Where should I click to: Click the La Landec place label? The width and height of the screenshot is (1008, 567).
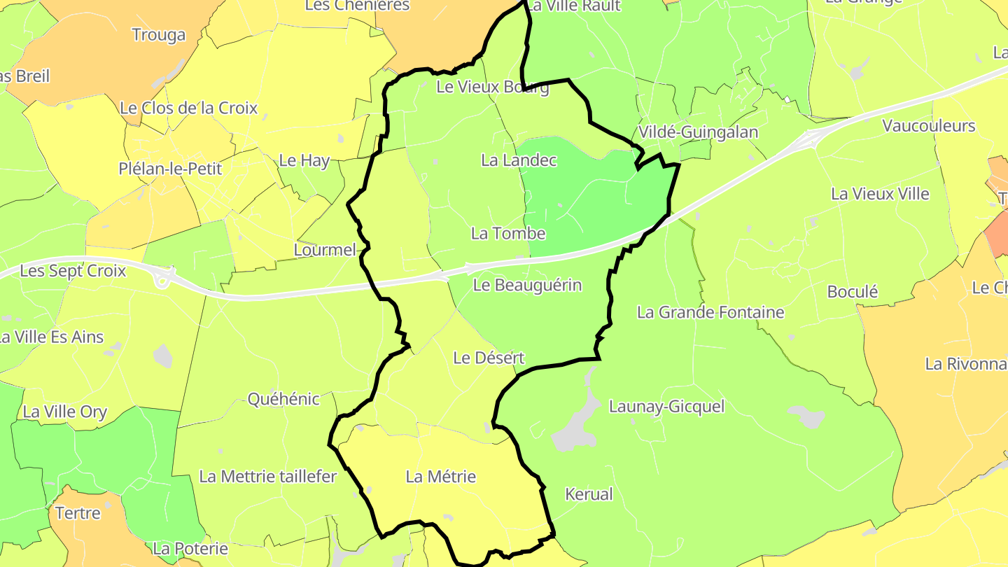coord(519,160)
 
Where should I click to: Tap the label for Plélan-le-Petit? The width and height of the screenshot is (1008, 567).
coord(170,169)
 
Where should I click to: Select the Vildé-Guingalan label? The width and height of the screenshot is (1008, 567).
coord(698,132)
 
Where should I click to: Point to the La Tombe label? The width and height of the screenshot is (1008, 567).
coord(508,233)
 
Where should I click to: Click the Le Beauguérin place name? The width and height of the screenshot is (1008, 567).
coord(527,285)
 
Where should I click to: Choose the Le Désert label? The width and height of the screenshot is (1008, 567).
coord(489,358)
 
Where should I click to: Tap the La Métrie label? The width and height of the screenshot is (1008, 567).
coord(441,477)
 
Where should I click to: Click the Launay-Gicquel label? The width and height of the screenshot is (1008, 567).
coord(666,406)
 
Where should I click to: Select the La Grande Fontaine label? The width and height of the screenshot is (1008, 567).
coord(710,312)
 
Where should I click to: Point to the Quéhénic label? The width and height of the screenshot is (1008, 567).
coord(283,399)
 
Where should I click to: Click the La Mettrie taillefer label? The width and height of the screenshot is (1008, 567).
coord(268,477)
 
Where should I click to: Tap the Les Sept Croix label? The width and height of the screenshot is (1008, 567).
coord(73,270)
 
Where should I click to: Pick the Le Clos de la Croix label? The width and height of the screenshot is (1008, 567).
coord(189,108)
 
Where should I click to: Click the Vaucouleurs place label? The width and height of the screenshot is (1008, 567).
coord(929,126)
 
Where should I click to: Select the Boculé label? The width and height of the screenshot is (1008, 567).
coord(853,292)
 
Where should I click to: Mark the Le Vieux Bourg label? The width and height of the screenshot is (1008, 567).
coord(492,87)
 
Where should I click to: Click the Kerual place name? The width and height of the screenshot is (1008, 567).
coord(589,494)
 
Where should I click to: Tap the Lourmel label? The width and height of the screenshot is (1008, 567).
coord(325,250)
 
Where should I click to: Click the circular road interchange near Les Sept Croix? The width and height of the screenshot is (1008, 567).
coord(165,280)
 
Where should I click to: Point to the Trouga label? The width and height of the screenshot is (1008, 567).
coord(159,35)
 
